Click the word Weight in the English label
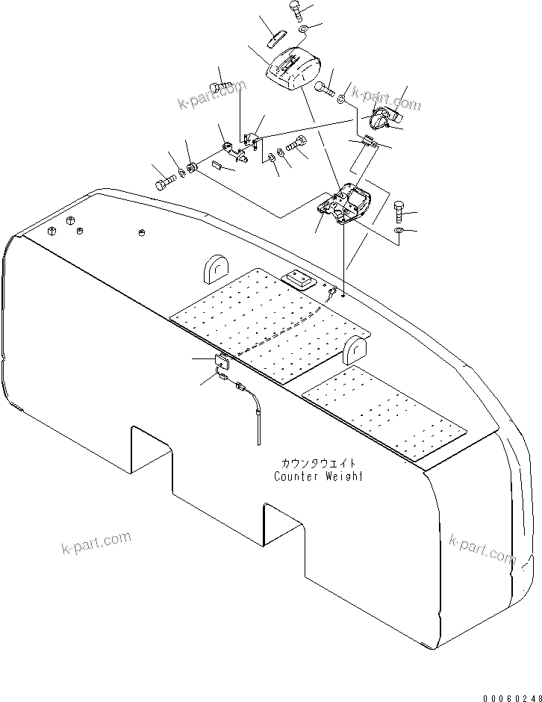tap(343, 476)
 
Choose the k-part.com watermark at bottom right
tap(482, 550)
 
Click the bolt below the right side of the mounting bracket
tap(397, 211)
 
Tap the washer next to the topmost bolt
tap(304, 28)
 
